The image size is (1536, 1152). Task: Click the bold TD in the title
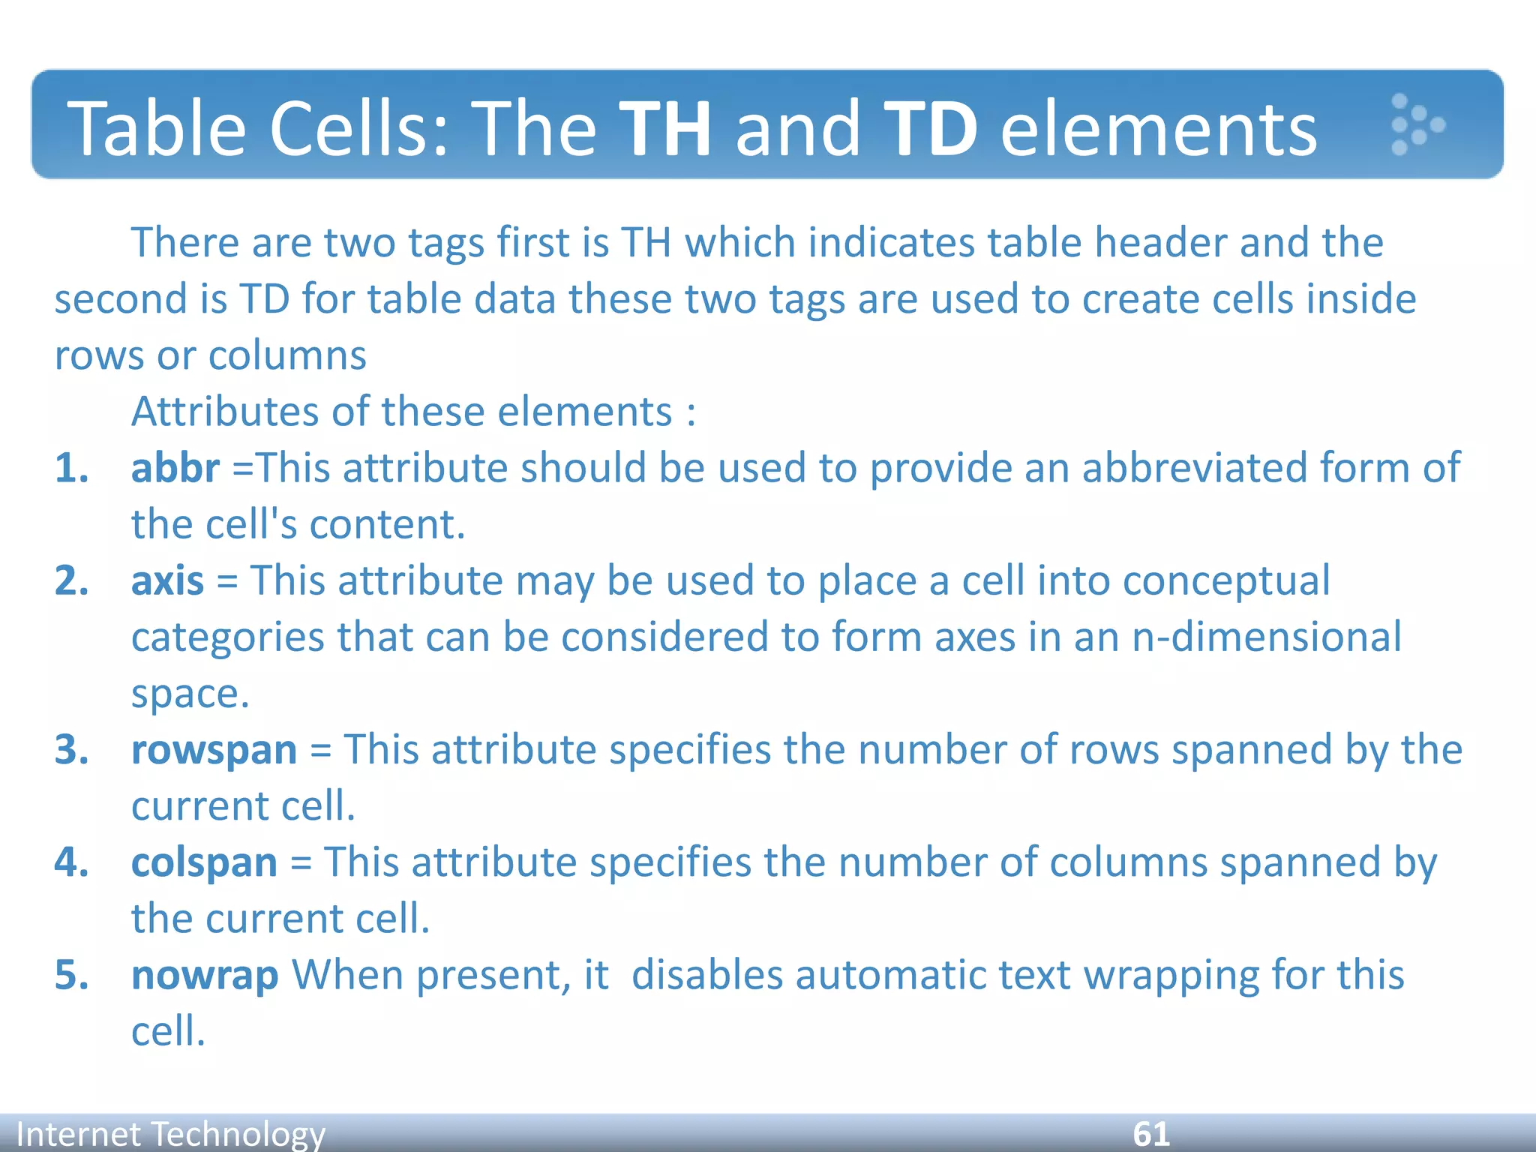point(930,129)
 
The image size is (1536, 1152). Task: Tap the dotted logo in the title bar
point(1415,124)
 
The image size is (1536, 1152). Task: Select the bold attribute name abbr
point(175,468)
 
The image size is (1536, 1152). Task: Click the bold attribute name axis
point(166,581)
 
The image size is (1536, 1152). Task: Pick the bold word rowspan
point(214,750)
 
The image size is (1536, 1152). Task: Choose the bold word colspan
point(204,862)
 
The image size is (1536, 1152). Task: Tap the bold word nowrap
point(204,976)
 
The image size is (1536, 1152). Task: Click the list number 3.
point(71,750)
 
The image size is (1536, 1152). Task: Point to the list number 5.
point(71,976)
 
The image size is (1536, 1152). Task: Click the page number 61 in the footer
point(1150,1133)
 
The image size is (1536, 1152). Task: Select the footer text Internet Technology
point(170,1134)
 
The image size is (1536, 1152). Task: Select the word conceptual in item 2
point(1226,581)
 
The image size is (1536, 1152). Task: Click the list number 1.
point(71,468)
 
